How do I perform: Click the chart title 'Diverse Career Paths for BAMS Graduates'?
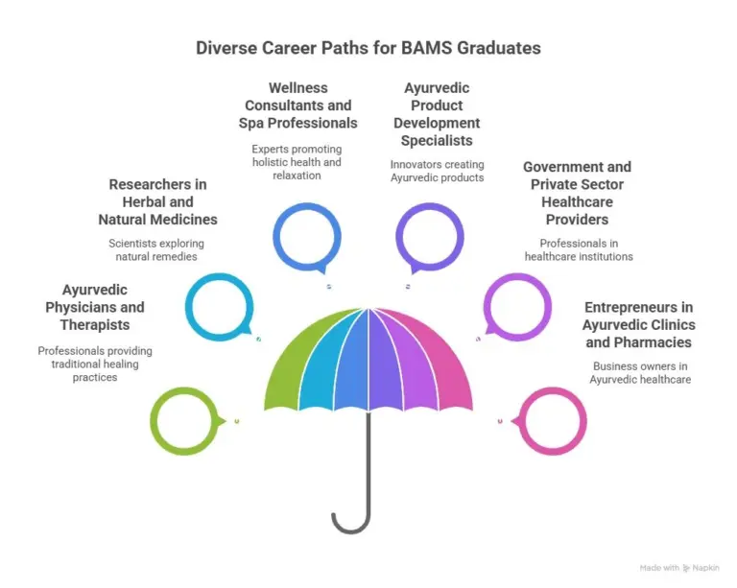368,48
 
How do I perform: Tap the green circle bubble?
153,421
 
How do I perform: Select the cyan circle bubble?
188,307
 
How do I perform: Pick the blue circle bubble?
276,237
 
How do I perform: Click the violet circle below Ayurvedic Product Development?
398,237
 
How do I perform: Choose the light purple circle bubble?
549,307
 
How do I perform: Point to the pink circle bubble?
583,421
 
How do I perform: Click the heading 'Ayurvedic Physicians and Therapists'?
94,307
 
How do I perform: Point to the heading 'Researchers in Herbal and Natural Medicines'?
157,202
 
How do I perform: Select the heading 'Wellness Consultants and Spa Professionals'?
298,106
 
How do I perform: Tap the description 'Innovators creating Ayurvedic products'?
437,171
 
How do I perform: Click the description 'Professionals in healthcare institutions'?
579,249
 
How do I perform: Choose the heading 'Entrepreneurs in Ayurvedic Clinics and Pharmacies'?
639,324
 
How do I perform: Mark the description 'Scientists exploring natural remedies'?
156,249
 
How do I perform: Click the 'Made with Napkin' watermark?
679,568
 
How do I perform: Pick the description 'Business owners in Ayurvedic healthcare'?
640,373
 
